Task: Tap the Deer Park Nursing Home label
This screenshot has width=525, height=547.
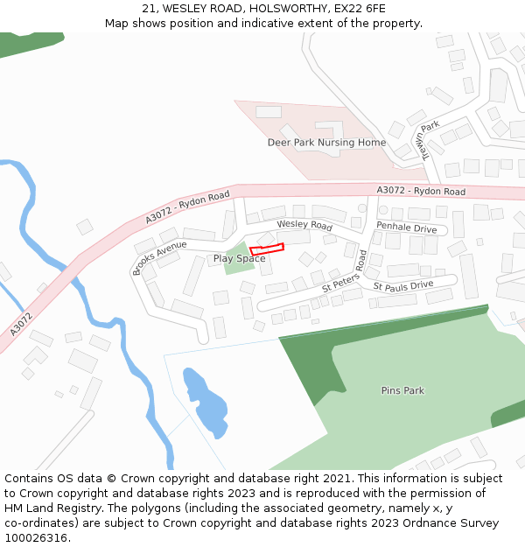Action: coord(326,143)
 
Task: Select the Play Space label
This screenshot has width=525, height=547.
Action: coord(239,259)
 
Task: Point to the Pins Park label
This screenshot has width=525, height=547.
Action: coord(402,390)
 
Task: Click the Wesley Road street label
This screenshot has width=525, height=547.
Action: coord(304,225)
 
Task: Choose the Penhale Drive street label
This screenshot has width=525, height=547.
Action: coord(406,228)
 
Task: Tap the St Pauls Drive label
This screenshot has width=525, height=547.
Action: coord(403,286)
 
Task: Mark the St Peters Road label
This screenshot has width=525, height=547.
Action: coord(343,272)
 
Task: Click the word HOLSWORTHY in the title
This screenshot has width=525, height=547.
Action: coord(273,9)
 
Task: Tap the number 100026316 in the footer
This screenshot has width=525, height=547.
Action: coord(38,537)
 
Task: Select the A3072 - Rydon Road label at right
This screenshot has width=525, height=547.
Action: coord(421,191)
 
